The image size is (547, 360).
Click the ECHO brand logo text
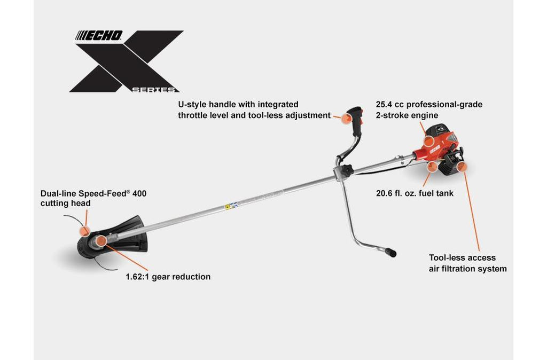click(99, 36)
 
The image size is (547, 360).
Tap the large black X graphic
click(126, 61)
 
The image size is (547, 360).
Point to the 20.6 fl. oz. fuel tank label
click(415, 193)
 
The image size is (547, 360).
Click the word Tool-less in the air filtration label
click(448, 257)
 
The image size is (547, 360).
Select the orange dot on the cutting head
click(84, 231)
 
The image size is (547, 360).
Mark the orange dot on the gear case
click(103, 241)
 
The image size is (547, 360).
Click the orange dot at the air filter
click(462, 167)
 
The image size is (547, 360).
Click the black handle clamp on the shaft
click(343, 171)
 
